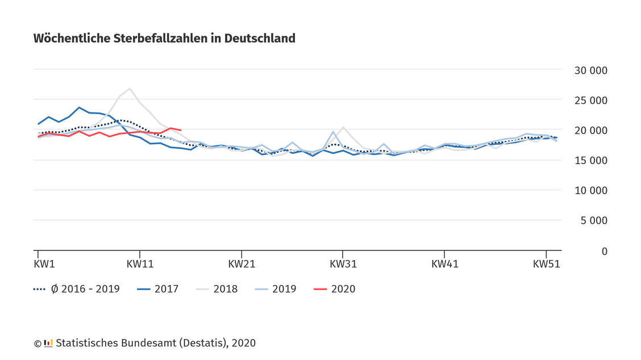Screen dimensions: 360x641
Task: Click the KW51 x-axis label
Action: (x=546, y=264)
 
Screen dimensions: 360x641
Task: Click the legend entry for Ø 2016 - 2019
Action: (x=77, y=289)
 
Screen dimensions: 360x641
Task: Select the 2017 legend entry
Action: (x=158, y=289)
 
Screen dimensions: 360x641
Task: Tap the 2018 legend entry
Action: (x=217, y=289)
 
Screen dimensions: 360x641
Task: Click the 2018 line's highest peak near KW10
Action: (x=130, y=89)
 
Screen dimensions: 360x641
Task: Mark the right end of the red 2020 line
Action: (x=181, y=131)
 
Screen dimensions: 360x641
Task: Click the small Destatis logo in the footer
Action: (x=48, y=343)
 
